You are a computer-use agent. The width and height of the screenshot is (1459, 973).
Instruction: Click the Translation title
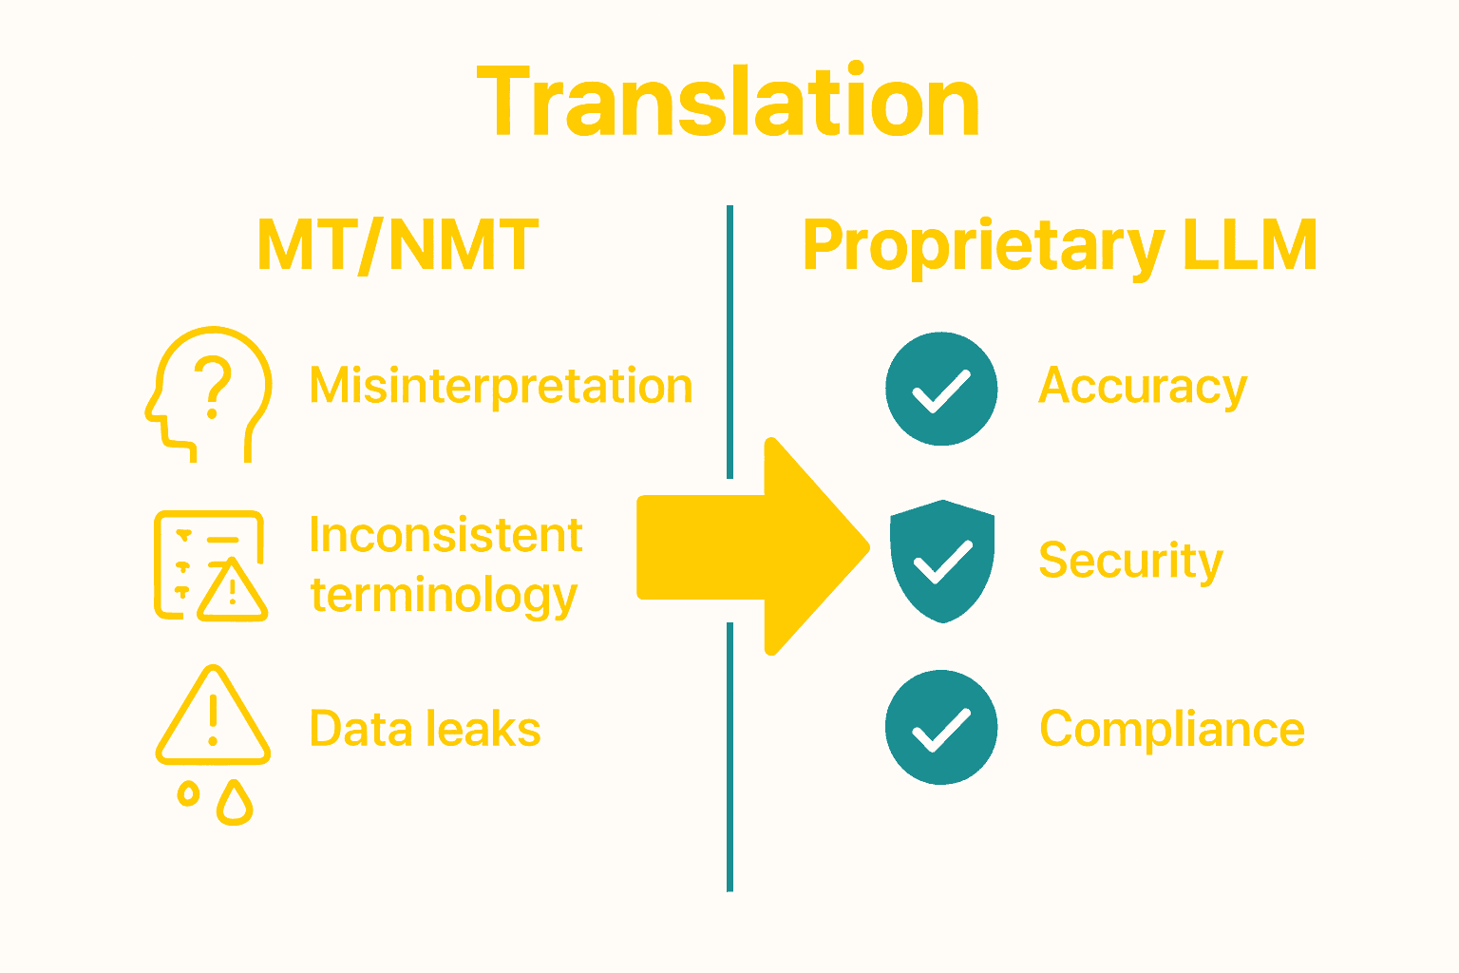729,103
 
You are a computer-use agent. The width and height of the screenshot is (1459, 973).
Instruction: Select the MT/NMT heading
398,246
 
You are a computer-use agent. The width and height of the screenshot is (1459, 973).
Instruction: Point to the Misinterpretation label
502,387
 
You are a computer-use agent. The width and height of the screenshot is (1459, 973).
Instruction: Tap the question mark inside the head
214,385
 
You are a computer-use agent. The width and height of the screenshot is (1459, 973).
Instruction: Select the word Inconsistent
445,535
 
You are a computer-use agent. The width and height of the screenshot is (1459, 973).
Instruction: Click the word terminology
444,596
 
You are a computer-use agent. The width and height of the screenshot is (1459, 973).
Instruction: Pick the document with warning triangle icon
210,565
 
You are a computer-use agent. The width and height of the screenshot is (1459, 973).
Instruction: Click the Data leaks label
425,730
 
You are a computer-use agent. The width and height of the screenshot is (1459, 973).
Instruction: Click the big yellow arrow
753,546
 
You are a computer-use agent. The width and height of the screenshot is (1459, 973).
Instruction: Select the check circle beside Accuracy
941,389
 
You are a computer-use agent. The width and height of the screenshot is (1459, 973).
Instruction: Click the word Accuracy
1143,387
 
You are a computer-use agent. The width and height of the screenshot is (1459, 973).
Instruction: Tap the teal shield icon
942,561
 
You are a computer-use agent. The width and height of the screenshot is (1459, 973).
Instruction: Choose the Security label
1130,561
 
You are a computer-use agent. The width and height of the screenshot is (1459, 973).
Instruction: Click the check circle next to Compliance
941,728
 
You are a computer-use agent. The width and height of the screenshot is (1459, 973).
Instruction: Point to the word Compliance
1172,730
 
